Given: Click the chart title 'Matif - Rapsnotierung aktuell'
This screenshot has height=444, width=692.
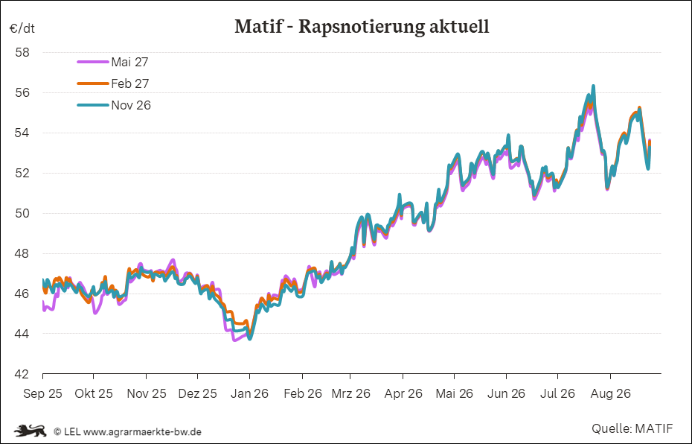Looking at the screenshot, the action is click(x=362, y=27).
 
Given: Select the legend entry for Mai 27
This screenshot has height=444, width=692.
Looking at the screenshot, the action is click(x=113, y=63).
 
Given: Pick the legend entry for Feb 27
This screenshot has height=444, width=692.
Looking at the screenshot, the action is click(x=113, y=83).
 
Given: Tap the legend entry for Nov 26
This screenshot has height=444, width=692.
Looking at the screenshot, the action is click(x=114, y=105).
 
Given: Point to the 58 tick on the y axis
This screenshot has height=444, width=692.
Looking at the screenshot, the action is click(x=22, y=53).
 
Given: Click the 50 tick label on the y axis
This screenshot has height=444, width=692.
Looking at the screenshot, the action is click(x=22, y=213).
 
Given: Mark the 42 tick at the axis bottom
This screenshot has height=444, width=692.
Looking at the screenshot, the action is click(x=22, y=374).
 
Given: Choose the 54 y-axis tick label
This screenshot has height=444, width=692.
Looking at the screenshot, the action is click(x=22, y=133).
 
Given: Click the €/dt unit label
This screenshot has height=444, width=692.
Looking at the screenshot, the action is click(x=22, y=29).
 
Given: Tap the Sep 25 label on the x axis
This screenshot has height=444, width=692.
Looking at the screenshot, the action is click(x=43, y=393).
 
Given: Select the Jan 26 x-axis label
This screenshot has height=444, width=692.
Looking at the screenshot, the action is click(x=249, y=393).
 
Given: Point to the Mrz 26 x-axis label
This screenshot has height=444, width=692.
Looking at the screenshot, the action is click(x=351, y=393).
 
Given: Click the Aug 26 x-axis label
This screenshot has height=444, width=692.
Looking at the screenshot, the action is click(x=610, y=393).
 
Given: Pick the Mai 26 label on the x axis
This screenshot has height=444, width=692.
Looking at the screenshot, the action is click(x=454, y=393).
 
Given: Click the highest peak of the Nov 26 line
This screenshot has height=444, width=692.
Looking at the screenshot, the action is click(x=593, y=86).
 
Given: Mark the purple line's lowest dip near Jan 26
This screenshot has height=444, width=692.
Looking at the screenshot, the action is click(x=234, y=340).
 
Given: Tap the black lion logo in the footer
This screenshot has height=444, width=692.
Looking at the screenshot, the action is click(x=30, y=431).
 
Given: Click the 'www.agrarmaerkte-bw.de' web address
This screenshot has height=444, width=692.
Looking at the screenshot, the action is click(x=142, y=431).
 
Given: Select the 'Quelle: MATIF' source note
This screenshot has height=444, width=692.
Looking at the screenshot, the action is click(x=632, y=428).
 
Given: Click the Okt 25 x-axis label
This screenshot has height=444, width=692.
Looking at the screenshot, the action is click(x=94, y=393).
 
